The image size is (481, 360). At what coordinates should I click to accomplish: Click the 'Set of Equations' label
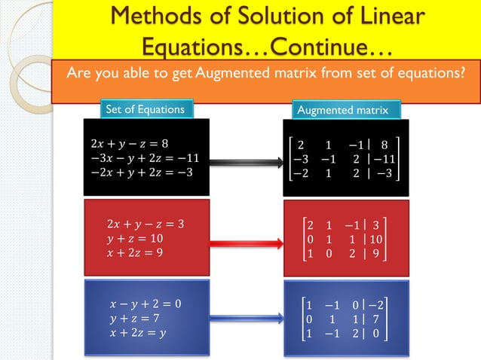(x=144, y=109)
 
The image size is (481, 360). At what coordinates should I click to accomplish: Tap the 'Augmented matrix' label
(x=343, y=110)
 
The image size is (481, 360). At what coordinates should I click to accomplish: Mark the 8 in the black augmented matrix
(x=384, y=145)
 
